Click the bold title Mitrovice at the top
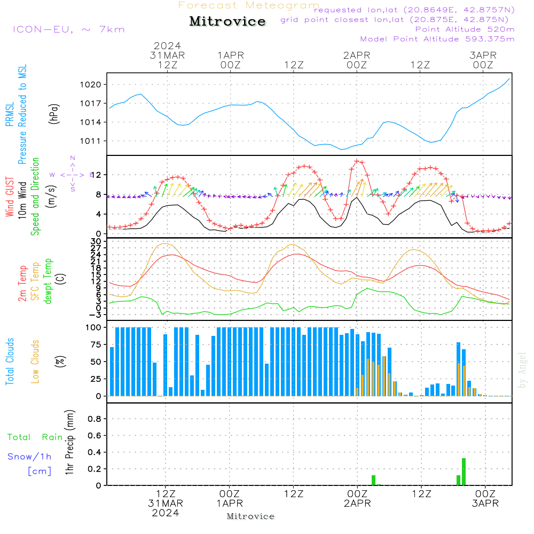(x=227, y=21)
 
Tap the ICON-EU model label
(x=68, y=29)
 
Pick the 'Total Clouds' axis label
(x=10, y=362)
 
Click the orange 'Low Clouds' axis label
(x=35, y=362)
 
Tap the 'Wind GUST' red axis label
(x=10, y=198)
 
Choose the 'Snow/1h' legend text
(x=29, y=457)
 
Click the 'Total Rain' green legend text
(x=35, y=437)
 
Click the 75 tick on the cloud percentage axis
(x=95, y=344)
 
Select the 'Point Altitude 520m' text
(x=465, y=29)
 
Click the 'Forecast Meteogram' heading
(x=249, y=5)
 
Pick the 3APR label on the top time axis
(x=483, y=56)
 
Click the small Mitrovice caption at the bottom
(x=250, y=516)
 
